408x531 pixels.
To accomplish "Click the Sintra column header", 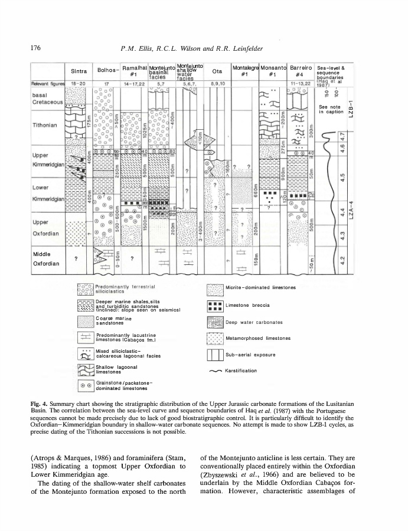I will (79, 71).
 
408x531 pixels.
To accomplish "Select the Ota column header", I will (217, 71).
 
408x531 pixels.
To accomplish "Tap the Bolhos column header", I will (108, 71).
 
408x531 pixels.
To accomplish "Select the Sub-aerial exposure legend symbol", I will (214, 354).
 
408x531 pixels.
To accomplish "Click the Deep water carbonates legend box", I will (214, 322).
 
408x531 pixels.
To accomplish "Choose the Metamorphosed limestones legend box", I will (214, 338).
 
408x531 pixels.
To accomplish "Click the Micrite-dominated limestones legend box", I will (214, 289).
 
